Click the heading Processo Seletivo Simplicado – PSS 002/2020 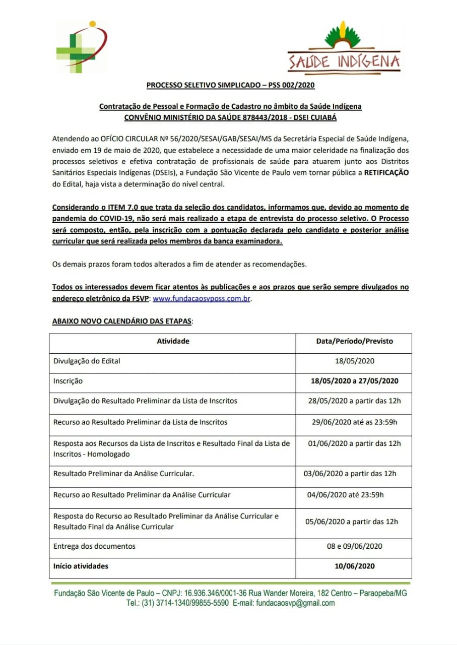[230, 85]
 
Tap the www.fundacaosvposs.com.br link [201, 298]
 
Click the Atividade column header [173, 341]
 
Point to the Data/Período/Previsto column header [354, 341]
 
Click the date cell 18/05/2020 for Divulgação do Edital [354, 361]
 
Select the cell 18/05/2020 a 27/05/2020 [354, 381]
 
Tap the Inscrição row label [68, 381]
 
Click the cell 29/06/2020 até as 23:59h [354, 422]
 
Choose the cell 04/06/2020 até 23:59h [345, 495]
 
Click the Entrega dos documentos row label [94, 546]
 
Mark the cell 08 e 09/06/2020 [354, 546]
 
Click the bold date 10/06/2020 [354, 566]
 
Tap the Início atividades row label [81, 566]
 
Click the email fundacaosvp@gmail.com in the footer [295, 603]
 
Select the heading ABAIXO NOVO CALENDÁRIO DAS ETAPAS [122, 321]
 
